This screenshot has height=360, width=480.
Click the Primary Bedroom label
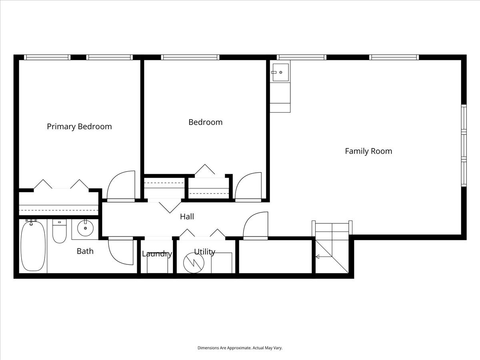tap(79, 126)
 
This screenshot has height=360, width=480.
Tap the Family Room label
tap(368, 151)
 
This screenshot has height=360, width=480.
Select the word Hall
tap(187, 217)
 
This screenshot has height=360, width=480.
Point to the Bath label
tap(85, 251)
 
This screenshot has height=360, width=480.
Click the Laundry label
tap(157, 254)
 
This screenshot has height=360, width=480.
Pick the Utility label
tap(205, 252)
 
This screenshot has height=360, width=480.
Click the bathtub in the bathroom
tap(33, 246)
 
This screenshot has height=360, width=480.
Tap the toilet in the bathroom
tap(59, 231)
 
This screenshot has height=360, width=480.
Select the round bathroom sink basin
tap(85, 228)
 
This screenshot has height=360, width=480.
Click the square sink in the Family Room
tap(280, 72)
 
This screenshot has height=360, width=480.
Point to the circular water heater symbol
tap(194, 263)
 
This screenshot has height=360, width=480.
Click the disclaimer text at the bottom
tap(240, 348)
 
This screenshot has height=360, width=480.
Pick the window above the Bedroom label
tap(190, 57)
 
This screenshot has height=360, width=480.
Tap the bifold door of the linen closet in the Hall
tap(170, 208)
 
